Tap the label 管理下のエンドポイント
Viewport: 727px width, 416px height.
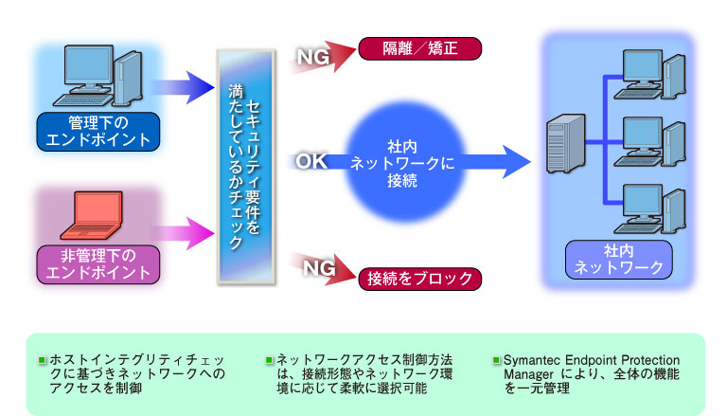pyautogui.click(x=97, y=132)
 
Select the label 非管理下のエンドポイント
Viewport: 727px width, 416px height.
pyautogui.click(x=97, y=263)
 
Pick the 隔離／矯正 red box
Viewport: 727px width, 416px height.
pyautogui.click(x=420, y=48)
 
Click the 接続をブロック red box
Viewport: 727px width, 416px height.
pyautogui.click(x=420, y=279)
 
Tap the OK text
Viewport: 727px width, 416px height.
pyautogui.click(x=311, y=162)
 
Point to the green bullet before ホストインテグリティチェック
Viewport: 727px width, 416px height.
pyautogui.click(x=41, y=362)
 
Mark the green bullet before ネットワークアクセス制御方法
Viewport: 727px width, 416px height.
pyautogui.click(x=269, y=362)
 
